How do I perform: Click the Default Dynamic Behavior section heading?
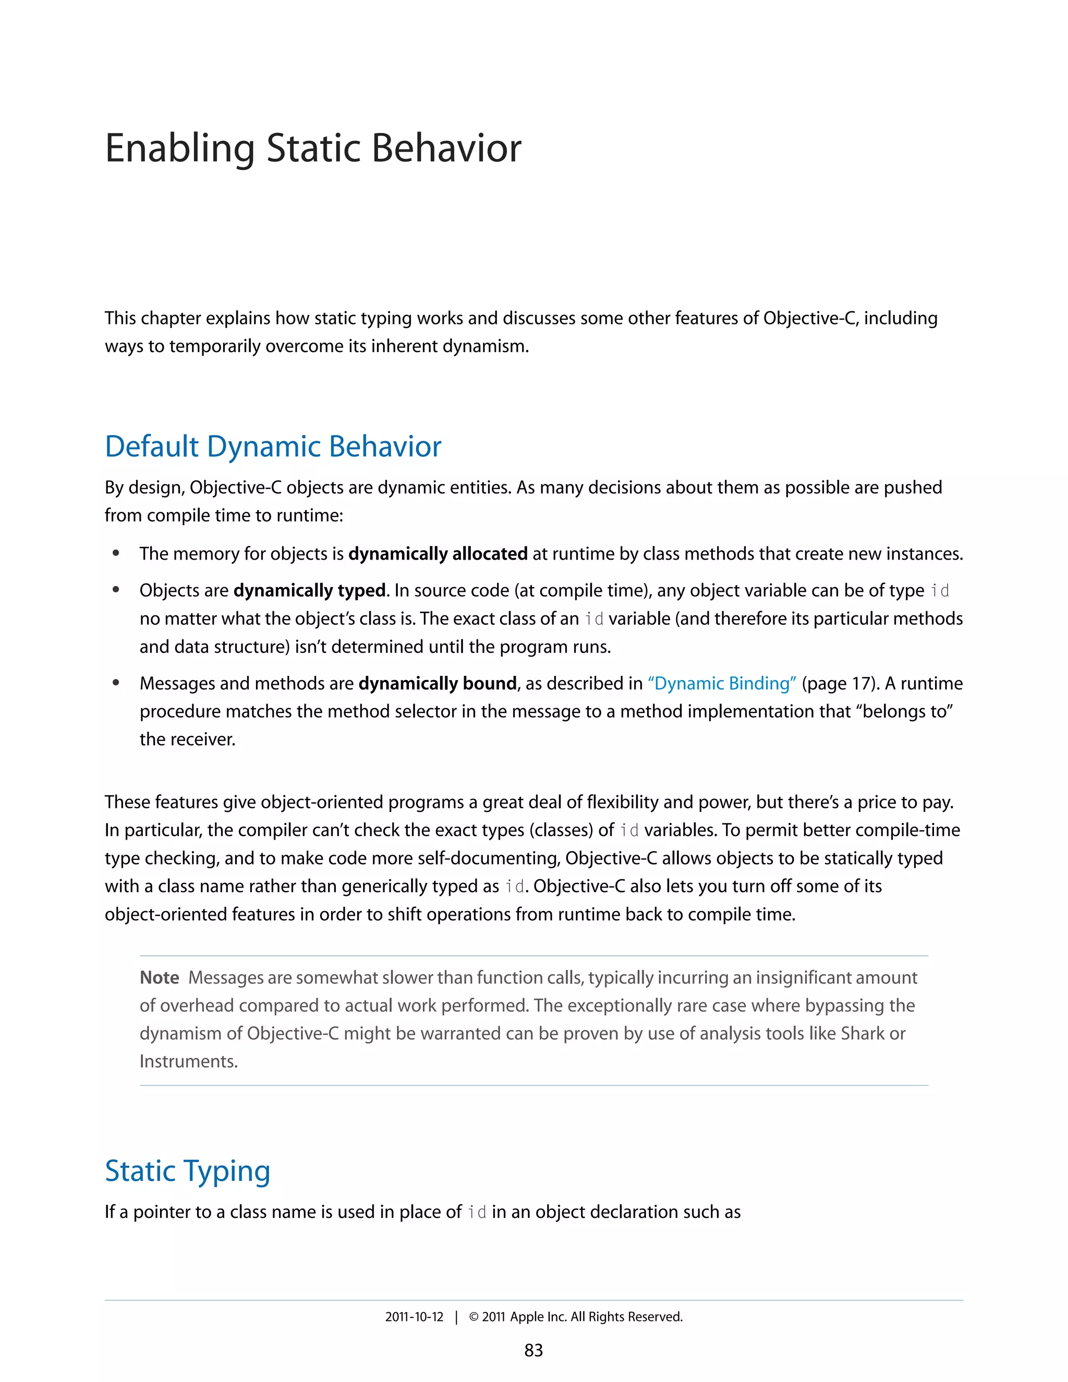[273, 447]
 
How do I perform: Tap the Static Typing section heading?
[187, 1171]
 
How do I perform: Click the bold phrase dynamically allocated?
[438, 554]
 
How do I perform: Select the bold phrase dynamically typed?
[309, 591]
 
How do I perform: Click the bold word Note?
[160, 978]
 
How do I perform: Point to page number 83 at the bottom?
[533, 1350]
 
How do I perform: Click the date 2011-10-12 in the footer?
[415, 1317]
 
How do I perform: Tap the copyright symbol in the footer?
[474, 1317]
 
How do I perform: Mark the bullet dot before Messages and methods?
[116, 683]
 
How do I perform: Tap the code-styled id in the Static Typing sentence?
[477, 1213]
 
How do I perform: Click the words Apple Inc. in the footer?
[538, 1317]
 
